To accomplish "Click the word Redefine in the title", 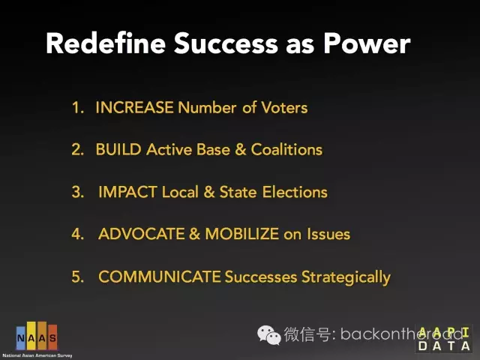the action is click(106, 43).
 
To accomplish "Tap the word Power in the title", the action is click(367, 43).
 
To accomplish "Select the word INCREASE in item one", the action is click(135, 107).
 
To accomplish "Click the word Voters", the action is click(284, 107).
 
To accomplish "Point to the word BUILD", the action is click(118, 150).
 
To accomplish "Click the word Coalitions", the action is click(286, 150).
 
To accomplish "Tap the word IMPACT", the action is click(128, 192).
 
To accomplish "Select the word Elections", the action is click(295, 192).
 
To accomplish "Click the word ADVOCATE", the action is click(142, 234).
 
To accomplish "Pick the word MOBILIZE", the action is click(241, 234).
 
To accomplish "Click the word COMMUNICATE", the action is click(160, 277).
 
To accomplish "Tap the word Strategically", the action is click(346, 277).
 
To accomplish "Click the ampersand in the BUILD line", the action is click(241, 150).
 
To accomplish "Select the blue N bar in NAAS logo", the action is click(21, 337).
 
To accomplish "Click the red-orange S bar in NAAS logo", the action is click(52, 337).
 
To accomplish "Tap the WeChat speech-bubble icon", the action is click(268, 334).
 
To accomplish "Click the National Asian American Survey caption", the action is click(37, 355).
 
